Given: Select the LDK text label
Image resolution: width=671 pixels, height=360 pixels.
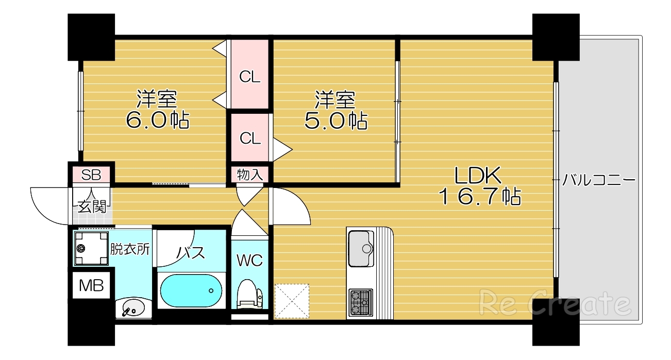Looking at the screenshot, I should pos(478,176).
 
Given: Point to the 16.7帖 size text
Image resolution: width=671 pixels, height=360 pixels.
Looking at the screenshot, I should pos(479,197).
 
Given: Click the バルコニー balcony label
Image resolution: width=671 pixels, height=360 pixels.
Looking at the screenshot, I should pos(598,180).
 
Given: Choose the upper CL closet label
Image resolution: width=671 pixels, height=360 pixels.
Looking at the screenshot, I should pos(250,77).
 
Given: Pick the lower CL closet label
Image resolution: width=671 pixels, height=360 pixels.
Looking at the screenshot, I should pos(250,138).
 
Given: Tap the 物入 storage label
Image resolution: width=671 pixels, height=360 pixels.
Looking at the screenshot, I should pos(250,175).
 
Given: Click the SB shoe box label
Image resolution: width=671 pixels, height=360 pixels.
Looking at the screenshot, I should pos(92,175).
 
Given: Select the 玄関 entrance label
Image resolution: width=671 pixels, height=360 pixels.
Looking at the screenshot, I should pos(92,207).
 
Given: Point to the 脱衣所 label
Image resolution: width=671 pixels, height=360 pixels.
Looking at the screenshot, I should pos(130,249).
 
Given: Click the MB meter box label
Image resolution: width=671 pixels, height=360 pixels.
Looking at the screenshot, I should pos(91,285).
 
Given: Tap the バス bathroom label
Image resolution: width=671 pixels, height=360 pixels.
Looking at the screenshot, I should pos(191,253).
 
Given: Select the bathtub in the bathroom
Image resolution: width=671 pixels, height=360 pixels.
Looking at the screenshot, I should pos(191,290).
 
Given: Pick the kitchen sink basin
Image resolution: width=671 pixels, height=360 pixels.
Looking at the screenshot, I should pos(361,248).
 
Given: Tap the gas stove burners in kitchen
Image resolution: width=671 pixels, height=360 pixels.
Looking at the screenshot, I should pos(360,302).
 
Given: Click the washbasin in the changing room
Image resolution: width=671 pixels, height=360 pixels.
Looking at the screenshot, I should pos(133,310).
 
